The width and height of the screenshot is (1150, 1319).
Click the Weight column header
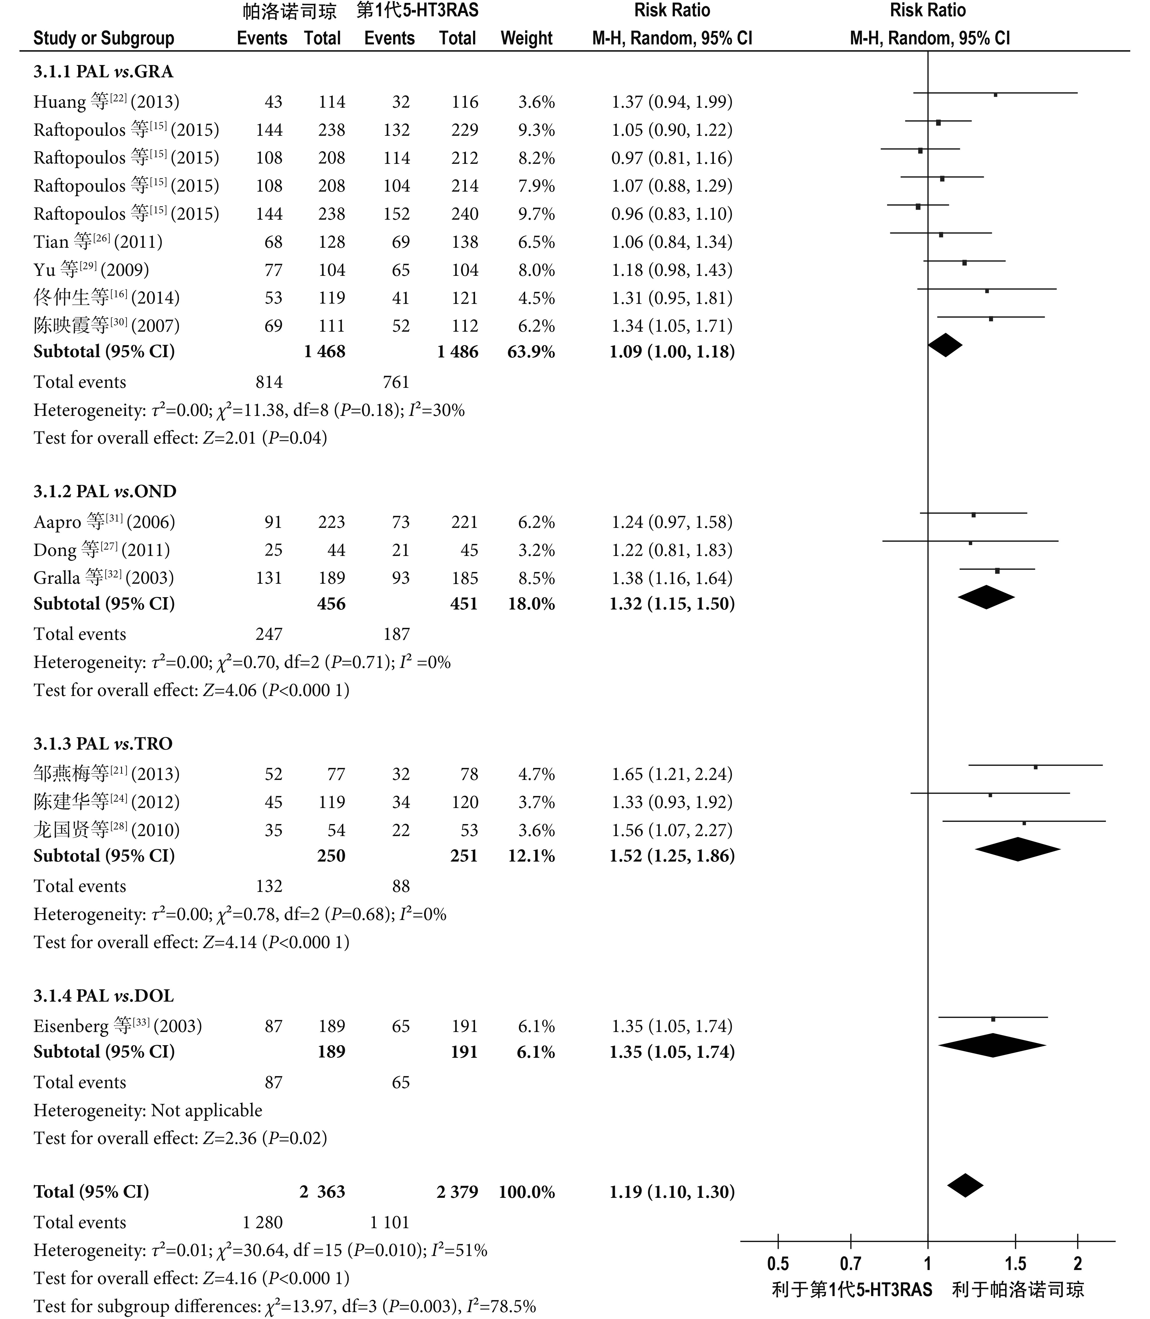pos(526,38)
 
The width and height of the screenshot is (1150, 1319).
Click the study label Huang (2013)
pos(107,101)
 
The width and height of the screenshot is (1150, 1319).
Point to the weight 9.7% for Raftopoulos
pos(537,214)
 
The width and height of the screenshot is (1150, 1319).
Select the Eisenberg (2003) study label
pos(117,1026)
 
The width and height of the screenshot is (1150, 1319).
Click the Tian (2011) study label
pos(98,241)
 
